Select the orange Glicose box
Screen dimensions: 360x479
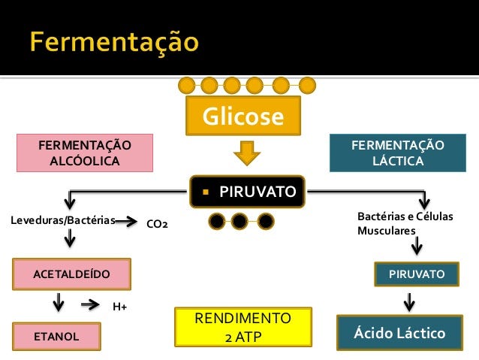[243, 117]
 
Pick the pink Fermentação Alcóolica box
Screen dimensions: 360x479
[85, 153]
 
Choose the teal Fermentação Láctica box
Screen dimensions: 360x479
[397, 153]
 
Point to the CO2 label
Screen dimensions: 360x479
[157, 223]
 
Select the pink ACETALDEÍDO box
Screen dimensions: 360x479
[71, 274]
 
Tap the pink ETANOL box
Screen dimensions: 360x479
[56, 336]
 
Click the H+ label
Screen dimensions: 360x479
[119, 306]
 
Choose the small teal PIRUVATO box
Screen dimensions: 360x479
[416, 274]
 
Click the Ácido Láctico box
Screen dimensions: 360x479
[400, 333]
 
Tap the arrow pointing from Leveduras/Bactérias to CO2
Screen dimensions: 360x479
[128, 222]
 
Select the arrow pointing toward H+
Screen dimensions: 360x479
[90, 304]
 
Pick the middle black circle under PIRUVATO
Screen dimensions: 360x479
[239, 221]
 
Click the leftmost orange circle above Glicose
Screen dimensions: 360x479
[187, 84]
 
